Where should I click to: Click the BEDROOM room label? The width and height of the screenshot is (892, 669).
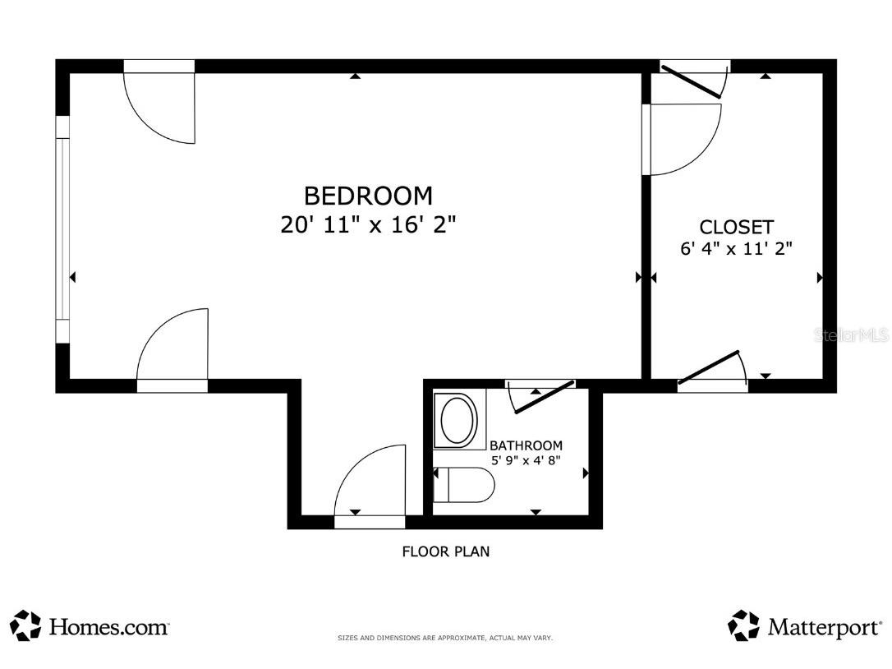368,196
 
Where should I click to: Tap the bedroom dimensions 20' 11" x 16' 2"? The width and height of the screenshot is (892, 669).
368,224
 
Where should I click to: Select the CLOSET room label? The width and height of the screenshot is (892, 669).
736,227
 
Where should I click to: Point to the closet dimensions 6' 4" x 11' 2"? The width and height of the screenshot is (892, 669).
736,248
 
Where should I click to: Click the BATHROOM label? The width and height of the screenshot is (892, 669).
526,445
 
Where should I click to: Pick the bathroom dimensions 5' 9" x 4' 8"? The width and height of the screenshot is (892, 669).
526,460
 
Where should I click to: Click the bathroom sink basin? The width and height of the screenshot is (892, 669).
456,420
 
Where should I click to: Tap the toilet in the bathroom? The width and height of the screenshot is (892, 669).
463,485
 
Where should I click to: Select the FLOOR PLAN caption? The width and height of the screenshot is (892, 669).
445,551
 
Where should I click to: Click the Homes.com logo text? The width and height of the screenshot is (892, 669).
108,627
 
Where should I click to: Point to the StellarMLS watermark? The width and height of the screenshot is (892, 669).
852,334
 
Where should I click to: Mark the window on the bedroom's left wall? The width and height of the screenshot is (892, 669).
62,229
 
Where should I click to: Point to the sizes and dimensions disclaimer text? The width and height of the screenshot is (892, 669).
445,639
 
